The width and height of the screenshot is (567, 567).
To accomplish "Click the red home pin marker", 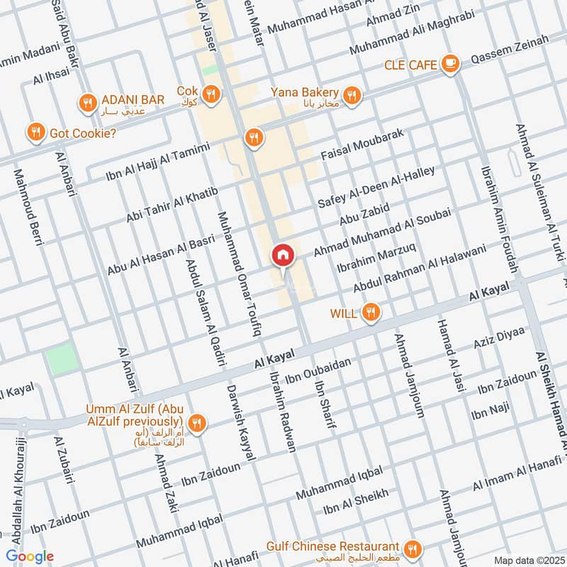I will pos(282,256).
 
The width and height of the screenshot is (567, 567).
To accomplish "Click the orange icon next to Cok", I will pos(210,94).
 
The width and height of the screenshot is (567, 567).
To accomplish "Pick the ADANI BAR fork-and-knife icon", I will pos(88,103).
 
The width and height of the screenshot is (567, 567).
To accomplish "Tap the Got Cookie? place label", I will pos(82,133).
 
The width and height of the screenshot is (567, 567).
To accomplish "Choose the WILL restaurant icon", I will pos(369,312).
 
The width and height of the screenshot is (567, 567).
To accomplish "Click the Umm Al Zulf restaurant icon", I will pos(198,422).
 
